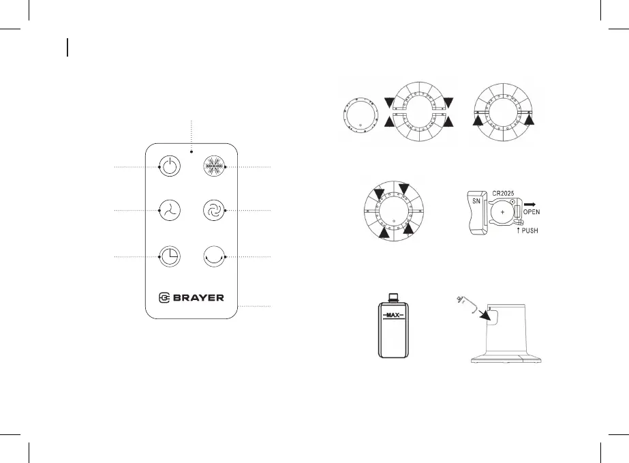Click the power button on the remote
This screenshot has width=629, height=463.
(x=170, y=166)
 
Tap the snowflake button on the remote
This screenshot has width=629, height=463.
(x=214, y=166)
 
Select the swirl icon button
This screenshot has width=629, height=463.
(x=214, y=211)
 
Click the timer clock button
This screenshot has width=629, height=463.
(x=170, y=256)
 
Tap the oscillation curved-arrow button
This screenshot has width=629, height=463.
(x=214, y=256)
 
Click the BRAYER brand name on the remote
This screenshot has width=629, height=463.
(x=198, y=298)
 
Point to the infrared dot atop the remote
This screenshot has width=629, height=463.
(x=191, y=152)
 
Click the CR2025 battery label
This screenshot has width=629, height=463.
(x=503, y=193)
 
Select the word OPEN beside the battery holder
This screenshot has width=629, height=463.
(x=532, y=211)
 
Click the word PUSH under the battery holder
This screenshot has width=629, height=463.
(x=530, y=230)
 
